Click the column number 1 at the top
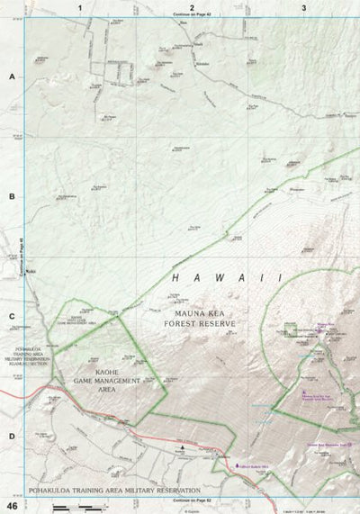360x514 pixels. pos(80,7)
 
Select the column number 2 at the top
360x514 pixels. pos(192,7)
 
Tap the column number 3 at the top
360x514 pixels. pos(304,7)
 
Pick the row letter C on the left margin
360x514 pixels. pos(11,316)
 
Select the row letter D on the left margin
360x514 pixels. pos(11,436)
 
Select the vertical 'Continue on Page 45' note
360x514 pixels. pos(19,256)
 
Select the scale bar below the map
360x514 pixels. pos(72,508)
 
